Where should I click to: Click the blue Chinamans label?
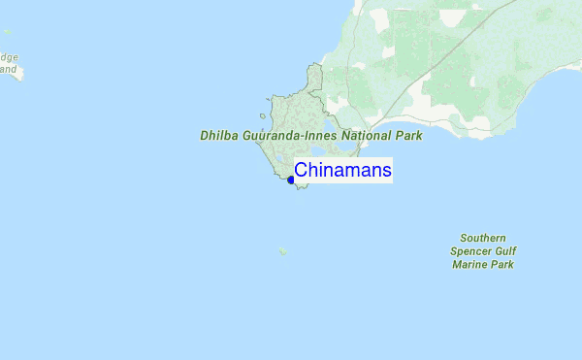pyautogui.click(x=342, y=171)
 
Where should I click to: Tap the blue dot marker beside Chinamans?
pyautogui.click(x=291, y=180)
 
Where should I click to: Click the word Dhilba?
pyautogui.click(x=218, y=137)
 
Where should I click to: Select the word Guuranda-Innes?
pyautogui.click(x=289, y=137)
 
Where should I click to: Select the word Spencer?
pyautogui.click(x=471, y=250)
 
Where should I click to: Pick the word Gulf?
pyautogui.click(x=505, y=250)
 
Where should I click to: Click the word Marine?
pyautogui.click(x=472, y=264)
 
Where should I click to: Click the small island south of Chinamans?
pyautogui.click(x=282, y=250)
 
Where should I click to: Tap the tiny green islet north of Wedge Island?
pyautogui.click(x=4, y=33)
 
